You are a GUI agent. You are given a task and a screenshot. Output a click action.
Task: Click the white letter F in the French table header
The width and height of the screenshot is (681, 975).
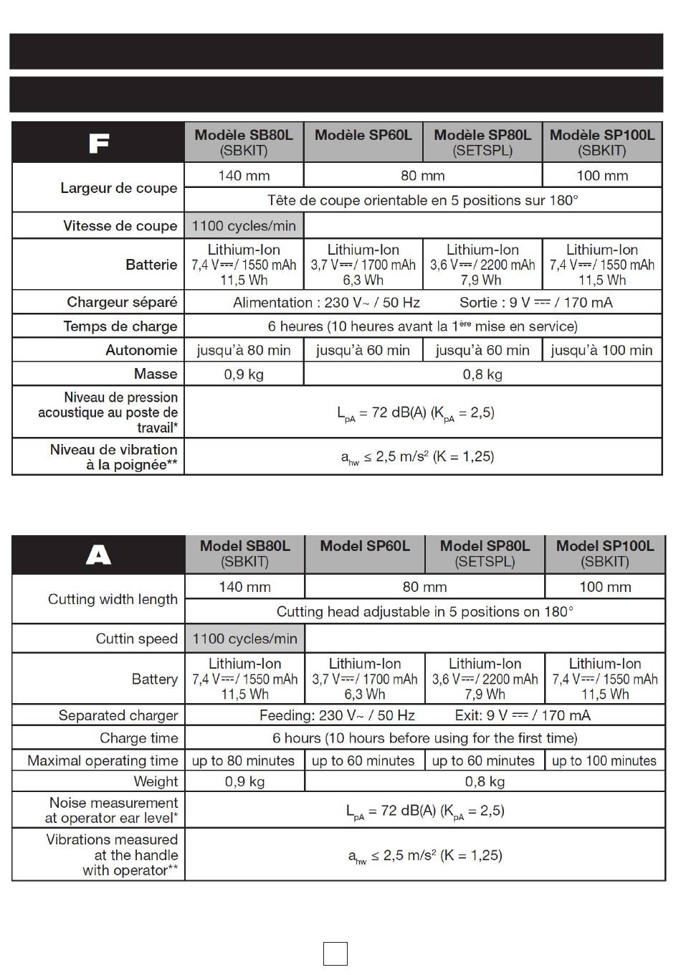pos(98,143)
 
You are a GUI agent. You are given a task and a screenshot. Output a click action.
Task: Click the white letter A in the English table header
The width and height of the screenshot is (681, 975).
pos(98,555)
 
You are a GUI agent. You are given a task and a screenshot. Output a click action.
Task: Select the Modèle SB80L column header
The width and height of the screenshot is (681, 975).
pos(244,142)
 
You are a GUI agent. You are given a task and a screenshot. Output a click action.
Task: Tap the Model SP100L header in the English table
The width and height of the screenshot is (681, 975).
pos(605,554)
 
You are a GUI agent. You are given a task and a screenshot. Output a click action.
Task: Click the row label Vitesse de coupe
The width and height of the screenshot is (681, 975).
pos(120,226)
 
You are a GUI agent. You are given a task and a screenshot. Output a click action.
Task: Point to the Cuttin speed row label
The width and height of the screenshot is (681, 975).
pos(136,639)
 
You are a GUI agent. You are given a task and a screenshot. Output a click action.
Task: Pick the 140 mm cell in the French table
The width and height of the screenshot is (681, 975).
pos(244,176)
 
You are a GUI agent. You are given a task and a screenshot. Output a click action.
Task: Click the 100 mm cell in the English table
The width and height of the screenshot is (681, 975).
pos(605,587)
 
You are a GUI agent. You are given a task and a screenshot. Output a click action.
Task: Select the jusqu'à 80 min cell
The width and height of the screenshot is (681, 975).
pos(244,350)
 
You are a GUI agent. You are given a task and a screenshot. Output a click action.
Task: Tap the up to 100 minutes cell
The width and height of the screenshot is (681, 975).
pos(604,760)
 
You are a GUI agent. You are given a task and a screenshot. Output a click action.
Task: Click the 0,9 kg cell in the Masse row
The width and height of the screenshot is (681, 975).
pos(244,374)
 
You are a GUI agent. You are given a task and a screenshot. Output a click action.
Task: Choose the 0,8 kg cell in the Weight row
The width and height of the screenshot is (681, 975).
pos(485,781)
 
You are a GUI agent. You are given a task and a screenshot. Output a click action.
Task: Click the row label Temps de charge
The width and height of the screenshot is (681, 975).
pos(120,326)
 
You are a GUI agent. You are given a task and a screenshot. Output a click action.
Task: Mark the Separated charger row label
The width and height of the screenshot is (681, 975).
pos(118,715)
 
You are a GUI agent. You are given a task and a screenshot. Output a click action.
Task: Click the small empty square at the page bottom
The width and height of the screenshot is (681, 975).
pos(335,953)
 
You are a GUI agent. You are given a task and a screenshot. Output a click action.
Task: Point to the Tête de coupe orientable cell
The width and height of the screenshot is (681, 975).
pos(422,200)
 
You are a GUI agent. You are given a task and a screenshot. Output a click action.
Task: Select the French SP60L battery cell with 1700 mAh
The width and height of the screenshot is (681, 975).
pos(363,265)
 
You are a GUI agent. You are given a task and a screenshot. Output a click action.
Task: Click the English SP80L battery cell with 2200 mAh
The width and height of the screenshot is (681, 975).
pos(485,679)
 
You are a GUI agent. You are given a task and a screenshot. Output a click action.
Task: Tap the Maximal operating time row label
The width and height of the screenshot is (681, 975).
pos(103,760)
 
